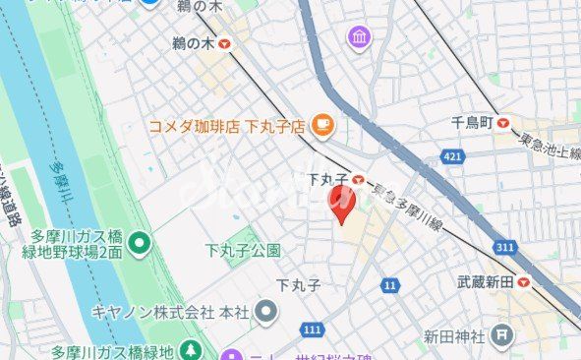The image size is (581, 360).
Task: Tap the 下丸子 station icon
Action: [x=361, y=180]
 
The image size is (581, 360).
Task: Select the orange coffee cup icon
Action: [x=321, y=125]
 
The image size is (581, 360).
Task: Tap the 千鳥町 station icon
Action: [x=504, y=123]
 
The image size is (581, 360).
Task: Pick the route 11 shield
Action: [x=391, y=285]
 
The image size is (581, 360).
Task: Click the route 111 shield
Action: [x=313, y=328]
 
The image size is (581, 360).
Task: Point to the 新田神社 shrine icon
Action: [x=502, y=336]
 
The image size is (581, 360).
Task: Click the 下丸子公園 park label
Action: [x=243, y=251]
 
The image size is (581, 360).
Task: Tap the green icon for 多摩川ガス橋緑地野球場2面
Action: [x=140, y=241]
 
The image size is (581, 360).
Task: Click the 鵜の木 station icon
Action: [x=226, y=44]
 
